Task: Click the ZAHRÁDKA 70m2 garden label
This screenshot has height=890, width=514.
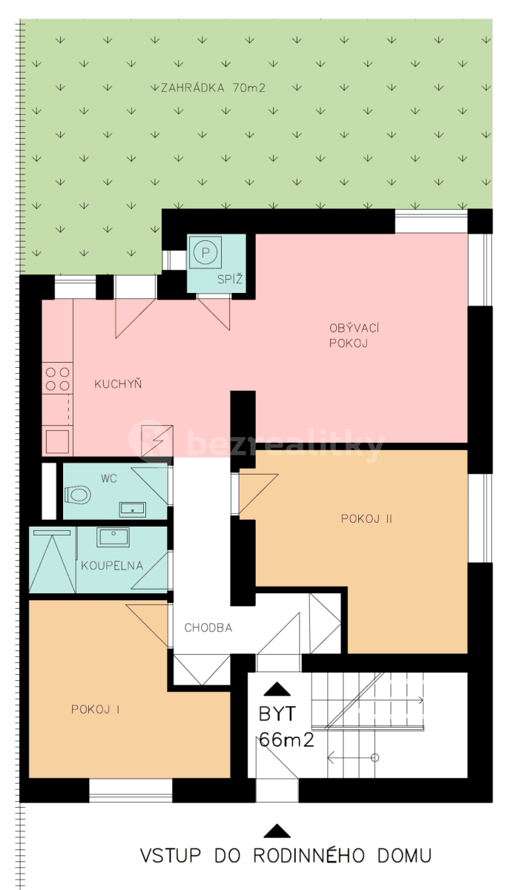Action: click(213, 88)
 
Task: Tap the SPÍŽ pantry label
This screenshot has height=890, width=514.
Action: click(226, 280)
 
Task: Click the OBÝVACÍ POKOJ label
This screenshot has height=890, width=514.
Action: click(349, 335)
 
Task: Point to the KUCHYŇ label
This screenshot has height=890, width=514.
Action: click(118, 384)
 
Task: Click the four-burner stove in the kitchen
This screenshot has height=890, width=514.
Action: click(57, 379)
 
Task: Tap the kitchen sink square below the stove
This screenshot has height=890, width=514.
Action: click(57, 441)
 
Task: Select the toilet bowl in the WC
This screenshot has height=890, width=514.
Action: click(77, 494)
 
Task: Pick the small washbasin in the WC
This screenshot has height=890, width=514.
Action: click(134, 509)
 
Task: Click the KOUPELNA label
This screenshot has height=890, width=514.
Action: click(111, 566)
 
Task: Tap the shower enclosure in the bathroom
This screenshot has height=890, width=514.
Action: click(52, 561)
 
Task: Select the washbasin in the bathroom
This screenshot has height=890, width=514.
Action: click(113, 536)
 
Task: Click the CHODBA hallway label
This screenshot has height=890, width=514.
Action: click(208, 627)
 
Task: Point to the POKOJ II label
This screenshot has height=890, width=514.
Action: click(366, 518)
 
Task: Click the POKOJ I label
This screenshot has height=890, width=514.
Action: click(96, 709)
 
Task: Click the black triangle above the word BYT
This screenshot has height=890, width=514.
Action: click(278, 689)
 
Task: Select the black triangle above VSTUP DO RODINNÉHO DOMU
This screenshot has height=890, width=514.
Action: click(277, 831)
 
